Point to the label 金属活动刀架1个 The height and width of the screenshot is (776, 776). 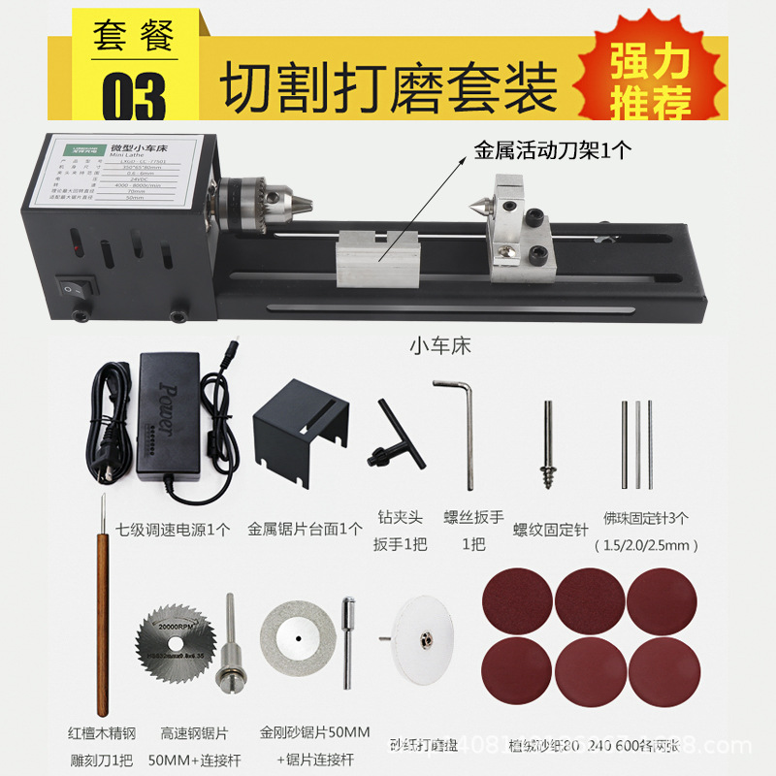pos(552,151)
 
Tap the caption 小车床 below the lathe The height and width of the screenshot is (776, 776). pos(439,345)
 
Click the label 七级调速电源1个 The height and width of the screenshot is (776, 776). pos(174,530)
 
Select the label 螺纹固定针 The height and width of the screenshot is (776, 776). pos(551,530)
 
